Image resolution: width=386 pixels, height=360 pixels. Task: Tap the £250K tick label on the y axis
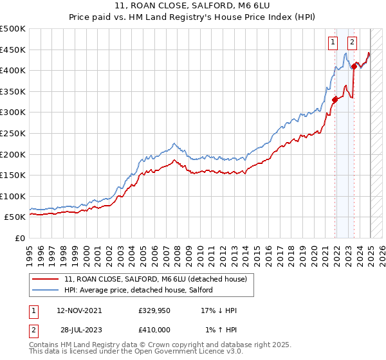pos(13,133)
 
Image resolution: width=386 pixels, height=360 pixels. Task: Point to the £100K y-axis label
pos(13,196)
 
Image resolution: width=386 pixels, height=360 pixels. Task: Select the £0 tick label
pos(21,239)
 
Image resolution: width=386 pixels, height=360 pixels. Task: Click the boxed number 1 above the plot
pos(333,43)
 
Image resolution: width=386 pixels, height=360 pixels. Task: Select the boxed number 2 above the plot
pos(353,43)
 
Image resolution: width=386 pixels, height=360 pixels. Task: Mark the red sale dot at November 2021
pos(335,99)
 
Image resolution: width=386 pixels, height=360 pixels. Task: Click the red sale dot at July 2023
pos(354,66)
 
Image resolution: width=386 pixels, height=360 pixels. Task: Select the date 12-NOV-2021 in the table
pos(79,310)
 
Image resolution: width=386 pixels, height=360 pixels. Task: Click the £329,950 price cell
pos(154,310)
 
